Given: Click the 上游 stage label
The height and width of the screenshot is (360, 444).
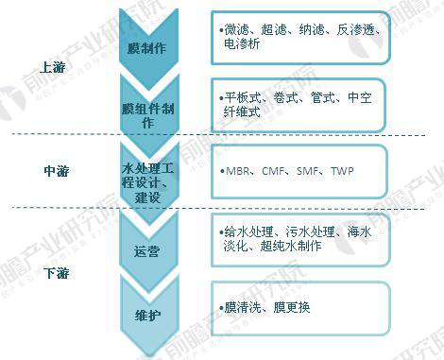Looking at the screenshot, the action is tap(53, 67).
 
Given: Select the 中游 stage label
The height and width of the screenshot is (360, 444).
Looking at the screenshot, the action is tap(57, 171).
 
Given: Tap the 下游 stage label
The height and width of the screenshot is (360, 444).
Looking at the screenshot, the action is tap(57, 273).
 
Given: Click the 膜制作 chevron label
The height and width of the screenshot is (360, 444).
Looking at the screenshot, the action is tap(146, 48).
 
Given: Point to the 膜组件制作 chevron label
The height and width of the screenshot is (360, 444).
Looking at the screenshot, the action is tap(148, 115).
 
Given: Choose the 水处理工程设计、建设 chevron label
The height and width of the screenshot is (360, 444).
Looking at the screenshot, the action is tap(147, 182).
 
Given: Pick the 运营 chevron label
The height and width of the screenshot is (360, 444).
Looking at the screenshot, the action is tap(146, 251).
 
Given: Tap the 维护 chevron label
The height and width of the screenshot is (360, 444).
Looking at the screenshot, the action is tap(147, 316).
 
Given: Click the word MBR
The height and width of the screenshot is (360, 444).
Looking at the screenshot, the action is tap(238, 171).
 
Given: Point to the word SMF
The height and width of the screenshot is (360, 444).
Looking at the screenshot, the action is tap(308, 171).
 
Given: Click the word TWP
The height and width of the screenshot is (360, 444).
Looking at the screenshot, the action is tap(342, 171).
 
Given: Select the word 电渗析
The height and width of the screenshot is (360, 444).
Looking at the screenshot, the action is tap(242, 43).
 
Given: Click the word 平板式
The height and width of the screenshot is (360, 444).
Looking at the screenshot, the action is tap(243, 98).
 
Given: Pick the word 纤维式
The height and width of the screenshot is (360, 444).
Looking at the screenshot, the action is tap(242, 111).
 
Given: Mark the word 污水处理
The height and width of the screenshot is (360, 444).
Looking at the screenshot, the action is tap(310, 232).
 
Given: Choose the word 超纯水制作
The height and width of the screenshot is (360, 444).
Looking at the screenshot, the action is tap(291, 246).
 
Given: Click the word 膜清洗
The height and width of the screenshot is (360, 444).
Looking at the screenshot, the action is tap(243, 307).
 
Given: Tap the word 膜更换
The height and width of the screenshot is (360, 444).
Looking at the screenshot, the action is tap(292, 307).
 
